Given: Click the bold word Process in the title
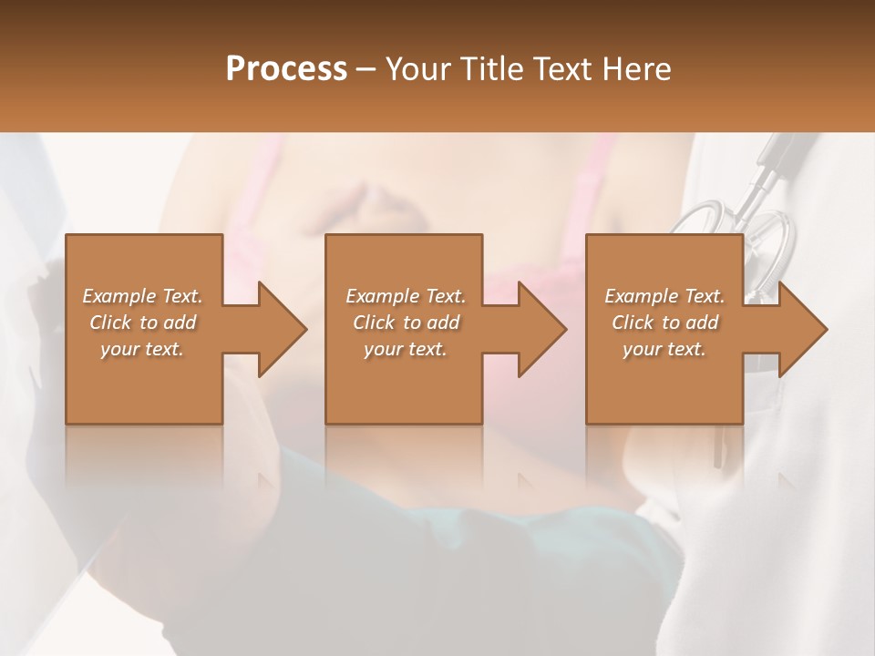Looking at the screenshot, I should click(286, 69).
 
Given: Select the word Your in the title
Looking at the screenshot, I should click(415, 69).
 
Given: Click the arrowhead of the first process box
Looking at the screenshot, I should click(279, 329).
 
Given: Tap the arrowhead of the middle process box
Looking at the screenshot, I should click(539, 329).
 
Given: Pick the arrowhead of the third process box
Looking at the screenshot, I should click(800, 329).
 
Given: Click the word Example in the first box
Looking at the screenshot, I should click(119, 296).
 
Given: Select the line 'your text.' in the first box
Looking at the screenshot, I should click(142, 349).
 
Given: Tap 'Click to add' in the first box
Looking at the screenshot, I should click(142, 323).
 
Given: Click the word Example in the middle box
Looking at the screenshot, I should click(383, 296).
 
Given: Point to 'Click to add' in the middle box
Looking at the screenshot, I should click(406, 323).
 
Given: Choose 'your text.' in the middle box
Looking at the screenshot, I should click(406, 349).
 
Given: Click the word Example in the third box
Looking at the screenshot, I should click(642, 296).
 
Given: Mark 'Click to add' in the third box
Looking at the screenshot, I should click(664, 323).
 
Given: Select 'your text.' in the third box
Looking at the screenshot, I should click(664, 349).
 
